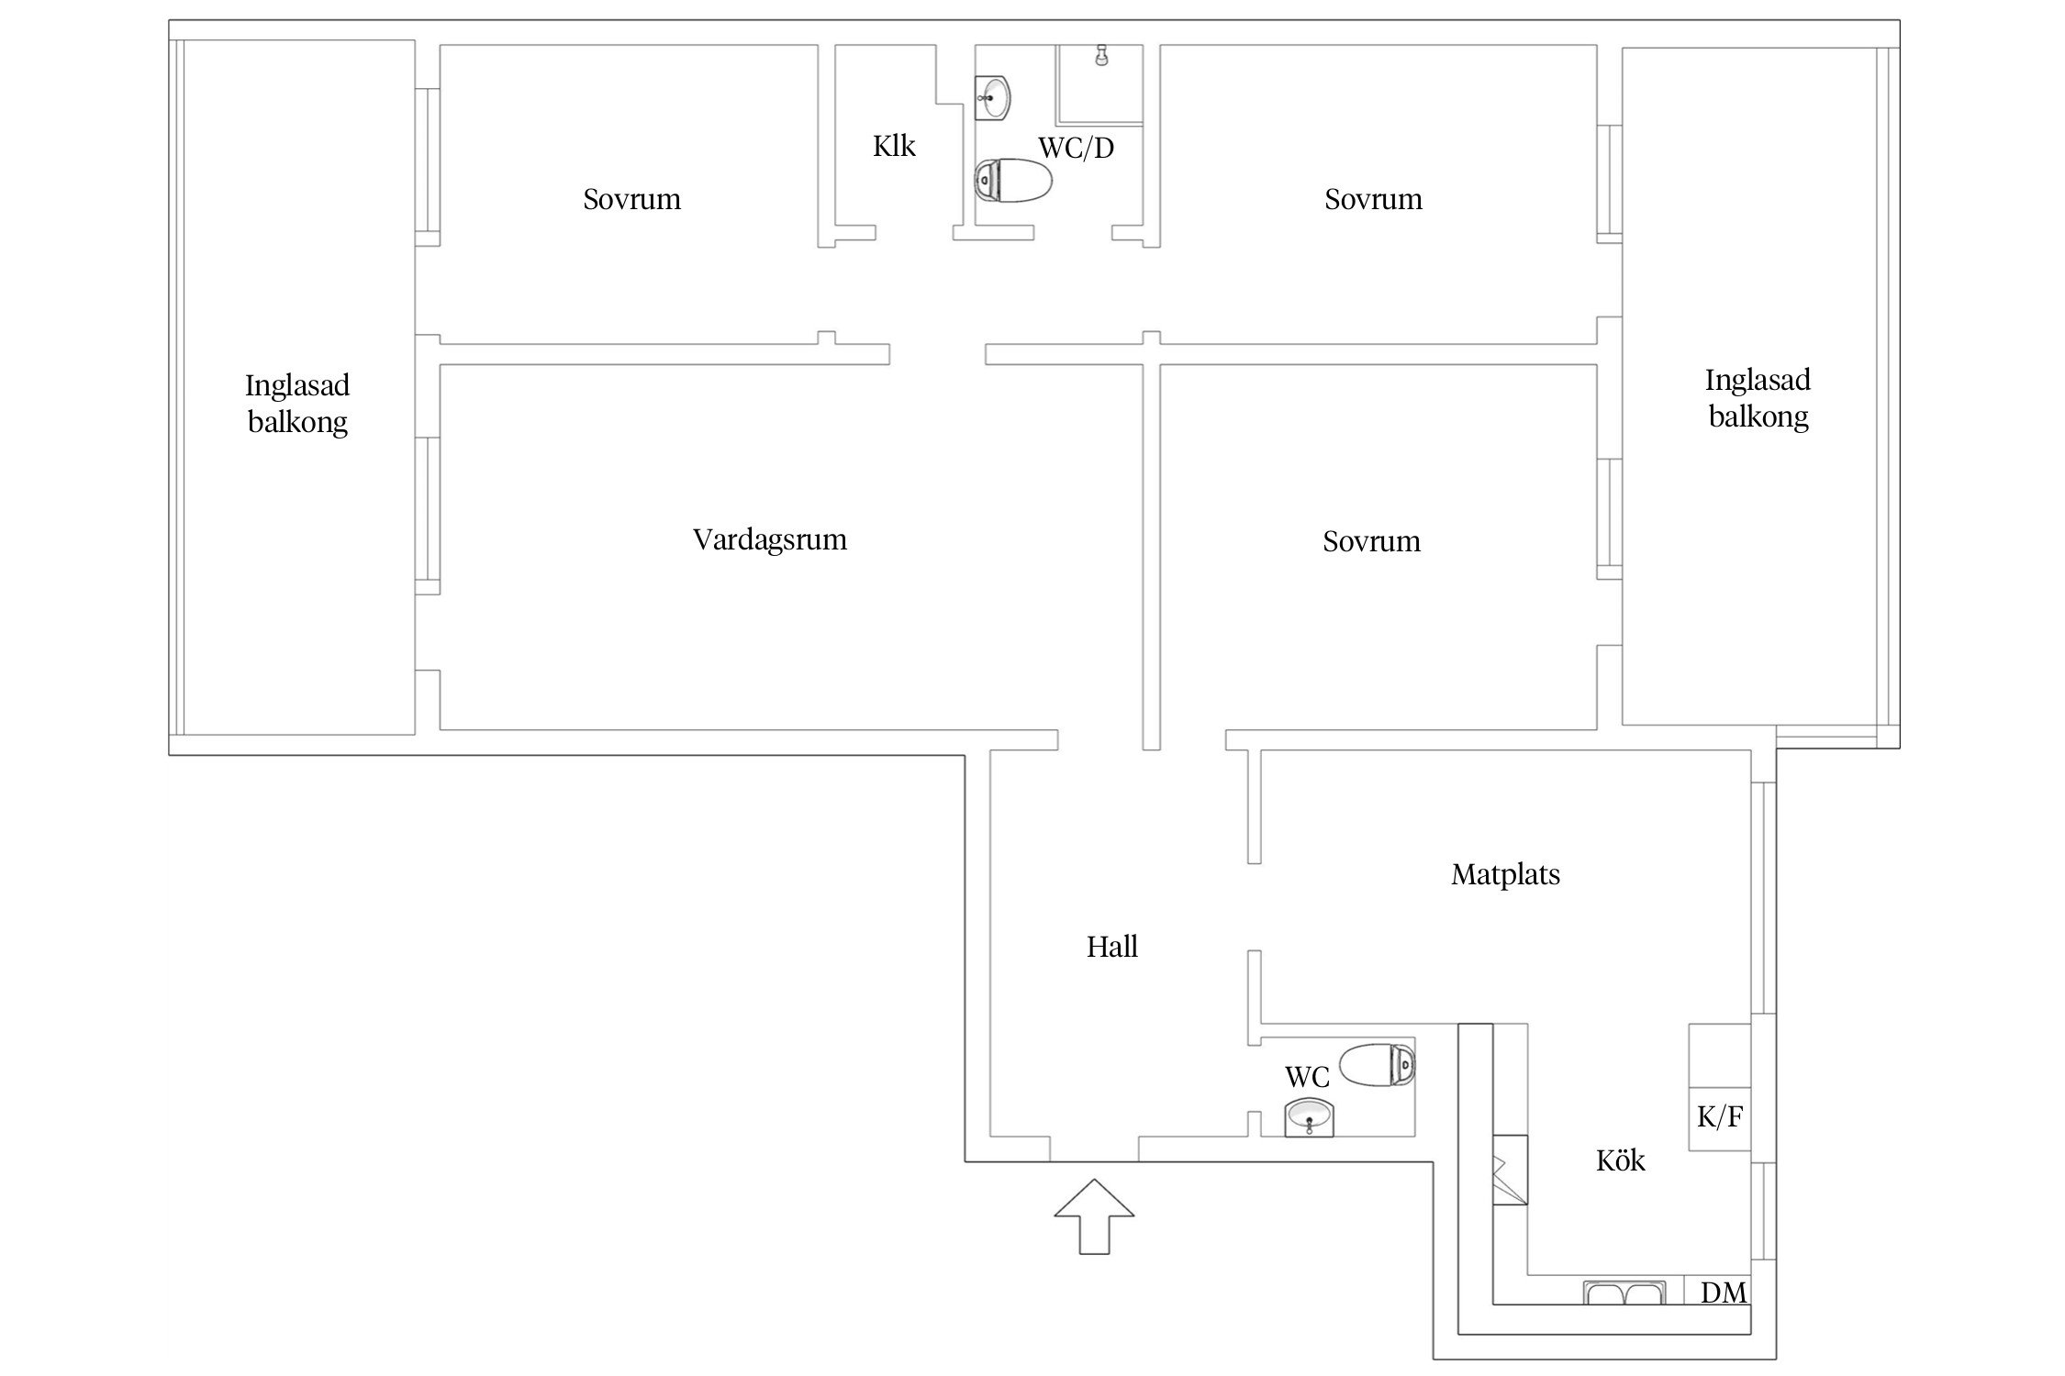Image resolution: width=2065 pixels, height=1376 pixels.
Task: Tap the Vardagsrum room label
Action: coord(769,539)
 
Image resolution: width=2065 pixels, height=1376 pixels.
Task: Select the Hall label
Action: coord(1111,947)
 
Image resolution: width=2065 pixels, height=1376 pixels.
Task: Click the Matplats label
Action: coord(1505,874)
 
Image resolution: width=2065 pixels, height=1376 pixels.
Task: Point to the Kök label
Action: coord(1620,1160)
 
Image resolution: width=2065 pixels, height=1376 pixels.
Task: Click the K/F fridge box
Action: coord(1720,1117)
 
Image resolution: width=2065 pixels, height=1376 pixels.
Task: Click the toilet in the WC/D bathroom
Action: coord(1013,181)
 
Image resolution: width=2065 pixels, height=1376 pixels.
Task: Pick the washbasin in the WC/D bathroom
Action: coord(992,97)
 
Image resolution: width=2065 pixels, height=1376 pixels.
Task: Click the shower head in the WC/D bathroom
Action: coord(1100,56)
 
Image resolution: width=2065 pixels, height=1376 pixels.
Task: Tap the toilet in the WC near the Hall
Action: coord(1377,1064)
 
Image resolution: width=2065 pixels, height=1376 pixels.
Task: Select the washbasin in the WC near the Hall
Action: coord(1310,1118)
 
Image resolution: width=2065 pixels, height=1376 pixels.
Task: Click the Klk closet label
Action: coord(894,146)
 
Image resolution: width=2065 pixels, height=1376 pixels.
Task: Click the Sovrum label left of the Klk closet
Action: coord(631,199)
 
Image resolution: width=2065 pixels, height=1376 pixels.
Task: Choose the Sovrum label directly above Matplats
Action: coord(1371,541)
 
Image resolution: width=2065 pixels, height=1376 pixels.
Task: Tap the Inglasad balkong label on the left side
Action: coord(297,404)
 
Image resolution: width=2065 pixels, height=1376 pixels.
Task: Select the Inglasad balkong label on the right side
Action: coord(1758,398)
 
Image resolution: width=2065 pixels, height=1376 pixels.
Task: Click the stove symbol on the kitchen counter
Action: coord(1510,1179)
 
